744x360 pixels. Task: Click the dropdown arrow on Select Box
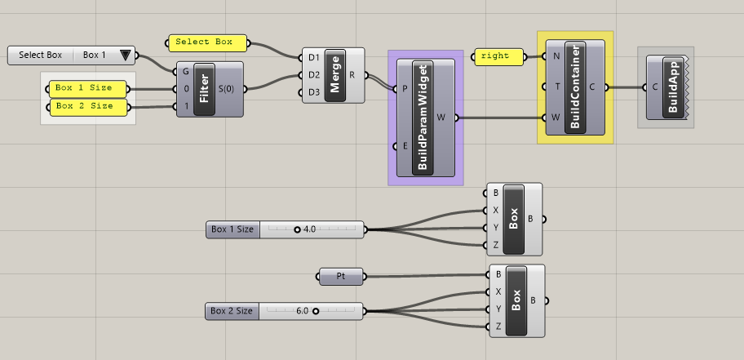(x=125, y=56)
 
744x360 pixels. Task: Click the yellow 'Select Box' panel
(x=204, y=42)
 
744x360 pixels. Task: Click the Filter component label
(x=203, y=88)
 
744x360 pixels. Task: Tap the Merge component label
(x=334, y=75)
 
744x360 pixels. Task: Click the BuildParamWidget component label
(x=423, y=118)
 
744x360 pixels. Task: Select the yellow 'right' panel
(x=495, y=56)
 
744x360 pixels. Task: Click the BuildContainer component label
(x=576, y=86)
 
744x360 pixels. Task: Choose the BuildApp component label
(x=674, y=87)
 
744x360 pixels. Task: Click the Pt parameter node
(x=340, y=278)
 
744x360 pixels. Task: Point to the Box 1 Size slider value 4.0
(x=309, y=229)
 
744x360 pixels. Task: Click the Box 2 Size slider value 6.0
(x=301, y=310)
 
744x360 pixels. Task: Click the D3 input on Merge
(x=314, y=91)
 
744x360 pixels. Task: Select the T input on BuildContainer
(x=556, y=87)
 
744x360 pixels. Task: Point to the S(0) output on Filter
(x=228, y=88)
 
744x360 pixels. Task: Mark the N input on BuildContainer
(x=556, y=56)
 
